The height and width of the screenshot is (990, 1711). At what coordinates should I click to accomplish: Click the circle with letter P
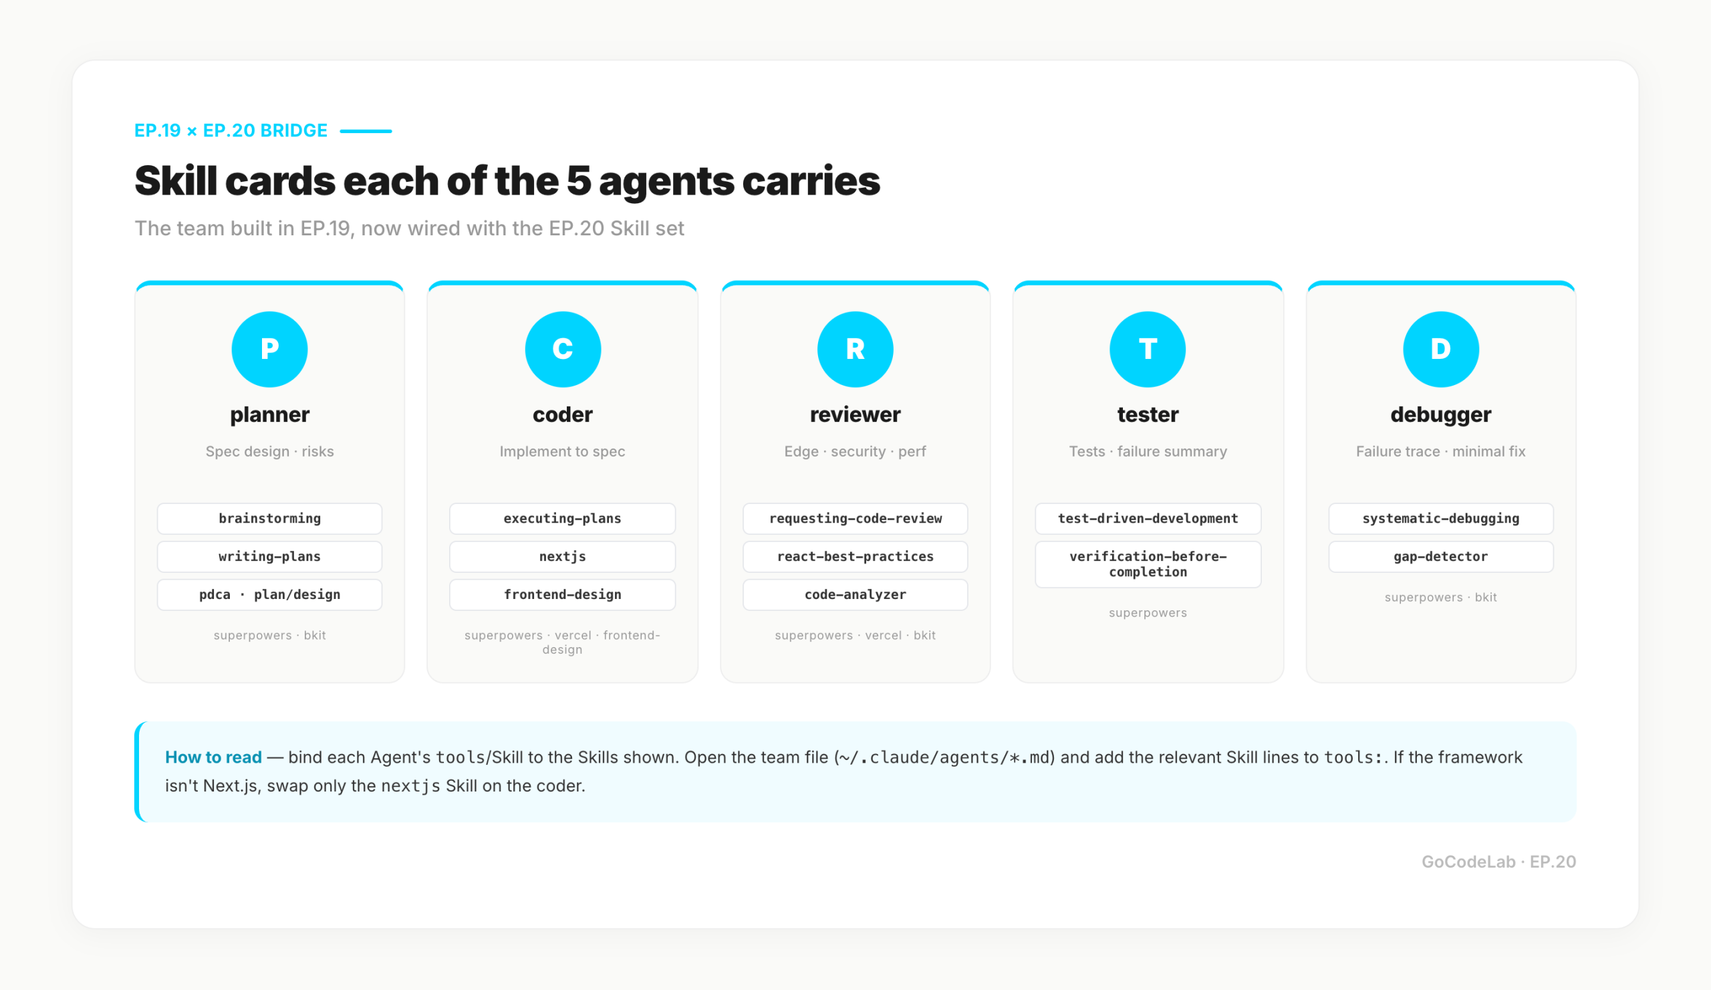click(269, 349)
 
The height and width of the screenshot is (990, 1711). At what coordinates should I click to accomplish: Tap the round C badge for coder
click(563, 349)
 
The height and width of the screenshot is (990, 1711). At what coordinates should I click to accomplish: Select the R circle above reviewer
click(855, 349)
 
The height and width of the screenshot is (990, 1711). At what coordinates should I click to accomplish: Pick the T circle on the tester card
click(1148, 349)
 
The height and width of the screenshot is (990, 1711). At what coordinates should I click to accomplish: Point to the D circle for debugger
click(1441, 349)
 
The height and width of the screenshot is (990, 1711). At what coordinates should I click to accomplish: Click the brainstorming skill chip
click(269, 519)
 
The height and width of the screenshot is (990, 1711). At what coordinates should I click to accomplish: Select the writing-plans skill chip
click(269, 557)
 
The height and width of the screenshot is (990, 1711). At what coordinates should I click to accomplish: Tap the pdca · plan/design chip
click(269, 595)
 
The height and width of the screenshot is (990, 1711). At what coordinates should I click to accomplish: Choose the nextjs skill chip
click(563, 557)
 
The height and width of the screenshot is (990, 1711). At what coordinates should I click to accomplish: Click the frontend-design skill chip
click(563, 595)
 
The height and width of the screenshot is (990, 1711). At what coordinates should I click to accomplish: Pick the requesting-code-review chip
click(855, 519)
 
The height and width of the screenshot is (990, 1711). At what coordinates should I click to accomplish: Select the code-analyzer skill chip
click(855, 595)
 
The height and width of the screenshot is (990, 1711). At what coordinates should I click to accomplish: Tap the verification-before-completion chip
click(1148, 564)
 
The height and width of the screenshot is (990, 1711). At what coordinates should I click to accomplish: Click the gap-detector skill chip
click(1441, 557)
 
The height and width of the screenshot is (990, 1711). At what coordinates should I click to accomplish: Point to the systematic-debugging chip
click(1441, 519)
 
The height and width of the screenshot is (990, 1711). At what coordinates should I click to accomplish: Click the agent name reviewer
click(855, 414)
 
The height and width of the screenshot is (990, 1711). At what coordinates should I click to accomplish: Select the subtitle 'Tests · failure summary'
click(1148, 451)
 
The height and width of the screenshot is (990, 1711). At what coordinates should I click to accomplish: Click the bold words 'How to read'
click(213, 757)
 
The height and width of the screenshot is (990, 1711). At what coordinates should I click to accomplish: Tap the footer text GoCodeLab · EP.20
click(1498, 862)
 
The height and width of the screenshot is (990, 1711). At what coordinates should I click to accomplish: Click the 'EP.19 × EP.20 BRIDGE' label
click(231, 130)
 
